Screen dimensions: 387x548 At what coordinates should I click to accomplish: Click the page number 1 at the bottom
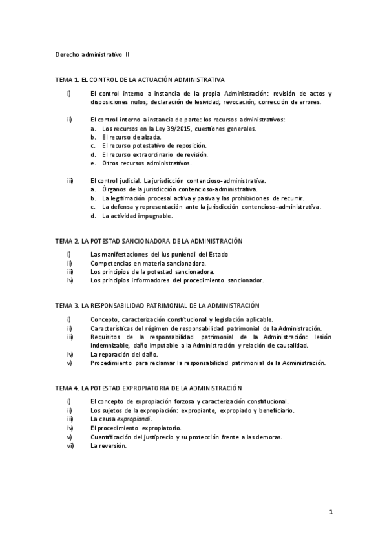[330, 513]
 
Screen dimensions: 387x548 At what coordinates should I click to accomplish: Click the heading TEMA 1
[67, 79]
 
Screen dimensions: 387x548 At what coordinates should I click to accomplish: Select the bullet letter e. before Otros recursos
[94, 164]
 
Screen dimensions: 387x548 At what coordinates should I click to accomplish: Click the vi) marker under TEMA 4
[70, 446]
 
